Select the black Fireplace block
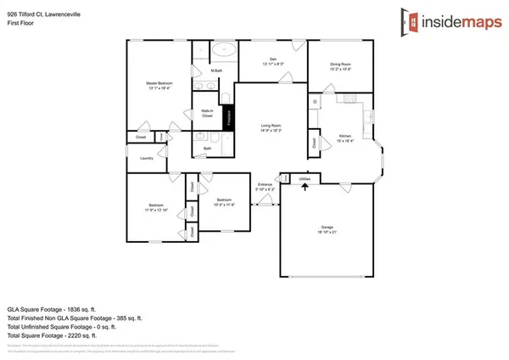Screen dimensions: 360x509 pyautogui.click(x=227, y=120)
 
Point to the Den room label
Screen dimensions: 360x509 pyautogui.click(x=272, y=60)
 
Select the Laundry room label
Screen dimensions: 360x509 pyautogui.click(x=144, y=156)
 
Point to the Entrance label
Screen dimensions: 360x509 pyautogui.click(x=266, y=187)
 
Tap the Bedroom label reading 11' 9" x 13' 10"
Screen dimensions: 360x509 pyautogui.click(x=155, y=207)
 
